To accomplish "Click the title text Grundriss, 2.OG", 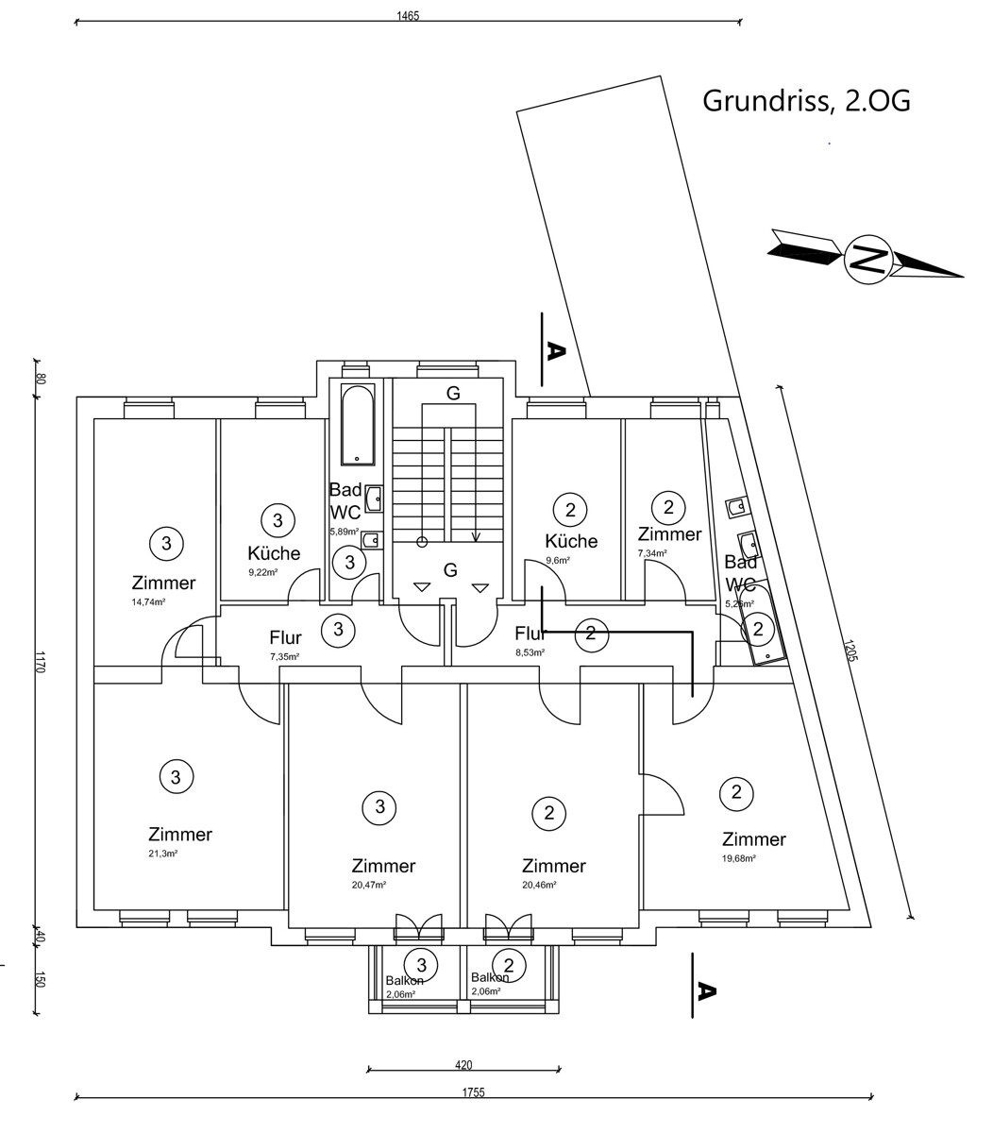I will click(x=806, y=101).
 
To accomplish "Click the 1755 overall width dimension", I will click(x=473, y=1092).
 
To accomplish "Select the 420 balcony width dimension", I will click(x=463, y=1065).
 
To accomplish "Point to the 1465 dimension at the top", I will click(x=408, y=15).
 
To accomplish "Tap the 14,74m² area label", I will click(x=149, y=601).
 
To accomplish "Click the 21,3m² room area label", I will click(x=162, y=853).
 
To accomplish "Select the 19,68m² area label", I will click(x=738, y=858).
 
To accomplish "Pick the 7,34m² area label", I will click(x=652, y=553).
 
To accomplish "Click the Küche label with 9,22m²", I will click(x=274, y=553).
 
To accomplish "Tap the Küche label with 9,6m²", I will click(x=571, y=541).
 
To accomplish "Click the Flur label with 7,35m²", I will click(x=285, y=638).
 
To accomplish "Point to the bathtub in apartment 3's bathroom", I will click(x=358, y=424).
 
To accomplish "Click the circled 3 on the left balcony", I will click(x=421, y=965).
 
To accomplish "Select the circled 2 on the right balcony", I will click(x=509, y=965).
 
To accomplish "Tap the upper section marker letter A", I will click(x=555, y=351).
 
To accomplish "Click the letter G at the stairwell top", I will click(x=453, y=394).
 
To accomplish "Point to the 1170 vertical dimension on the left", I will click(x=40, y=661).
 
